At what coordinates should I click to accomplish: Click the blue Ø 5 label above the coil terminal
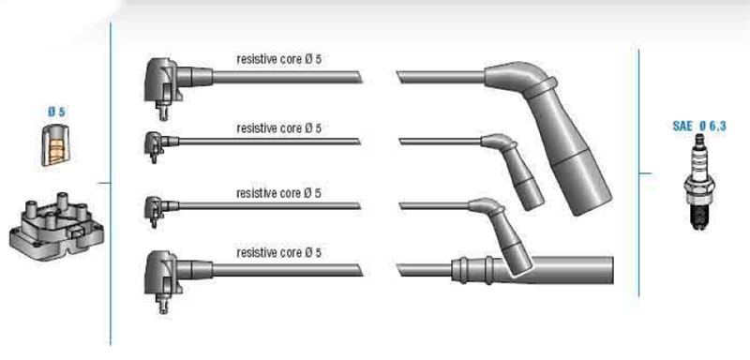[x=56, y=112]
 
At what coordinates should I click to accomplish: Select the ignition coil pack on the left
[x=56, y=227]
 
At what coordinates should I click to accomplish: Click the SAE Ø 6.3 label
[x=698, y=127]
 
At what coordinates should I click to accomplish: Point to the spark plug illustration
[x=699, y=181]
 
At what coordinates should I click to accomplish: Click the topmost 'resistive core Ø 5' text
[x=278, y=59]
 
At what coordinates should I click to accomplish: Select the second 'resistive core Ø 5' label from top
[x=278, y=128]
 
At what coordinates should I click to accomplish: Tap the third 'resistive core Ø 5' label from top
[x=278, y=193]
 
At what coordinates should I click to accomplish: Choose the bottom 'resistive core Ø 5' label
[x=278, y=252]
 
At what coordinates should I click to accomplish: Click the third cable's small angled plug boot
[x=503, y=234]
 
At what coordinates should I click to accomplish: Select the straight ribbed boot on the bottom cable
[x=532, y=270]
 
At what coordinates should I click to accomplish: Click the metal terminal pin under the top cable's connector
[x=163, y=112]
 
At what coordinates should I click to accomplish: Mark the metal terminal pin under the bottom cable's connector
[x=163, y=305]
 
